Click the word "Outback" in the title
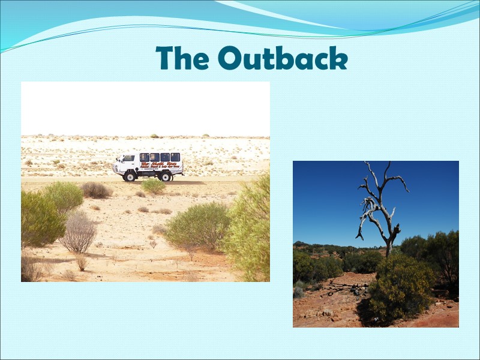[283, 59]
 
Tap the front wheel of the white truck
[130, 176]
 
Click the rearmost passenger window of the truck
[175, 157]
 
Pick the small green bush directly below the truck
[153, 186]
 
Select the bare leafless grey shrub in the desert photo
[79, 234]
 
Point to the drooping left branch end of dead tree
[359, 237]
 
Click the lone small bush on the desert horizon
[154, 136]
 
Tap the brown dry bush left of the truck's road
[96, 190]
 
